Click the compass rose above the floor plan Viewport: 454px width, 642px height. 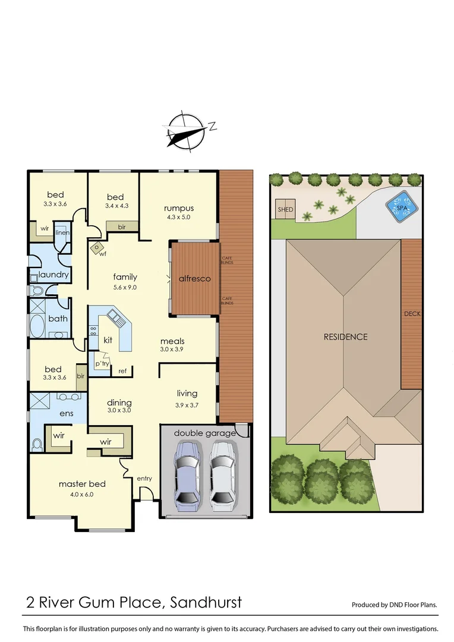tap(186, 131)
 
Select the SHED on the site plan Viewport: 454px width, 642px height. tap(285, 209)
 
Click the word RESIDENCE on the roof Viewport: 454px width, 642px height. tap(345, 336)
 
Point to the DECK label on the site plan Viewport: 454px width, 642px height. tap(412, 314)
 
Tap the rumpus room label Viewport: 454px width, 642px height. tap(179, 208)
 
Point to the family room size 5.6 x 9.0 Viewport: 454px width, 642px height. tap(125, 287)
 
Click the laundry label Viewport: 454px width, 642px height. tap(54, 275)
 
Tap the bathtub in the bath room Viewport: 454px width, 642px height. tap(37, 325)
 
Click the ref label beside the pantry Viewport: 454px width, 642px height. tap(122, 371)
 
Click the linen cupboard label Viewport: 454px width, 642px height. tap(62, 232)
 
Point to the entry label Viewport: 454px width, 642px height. tap(144, 479)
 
